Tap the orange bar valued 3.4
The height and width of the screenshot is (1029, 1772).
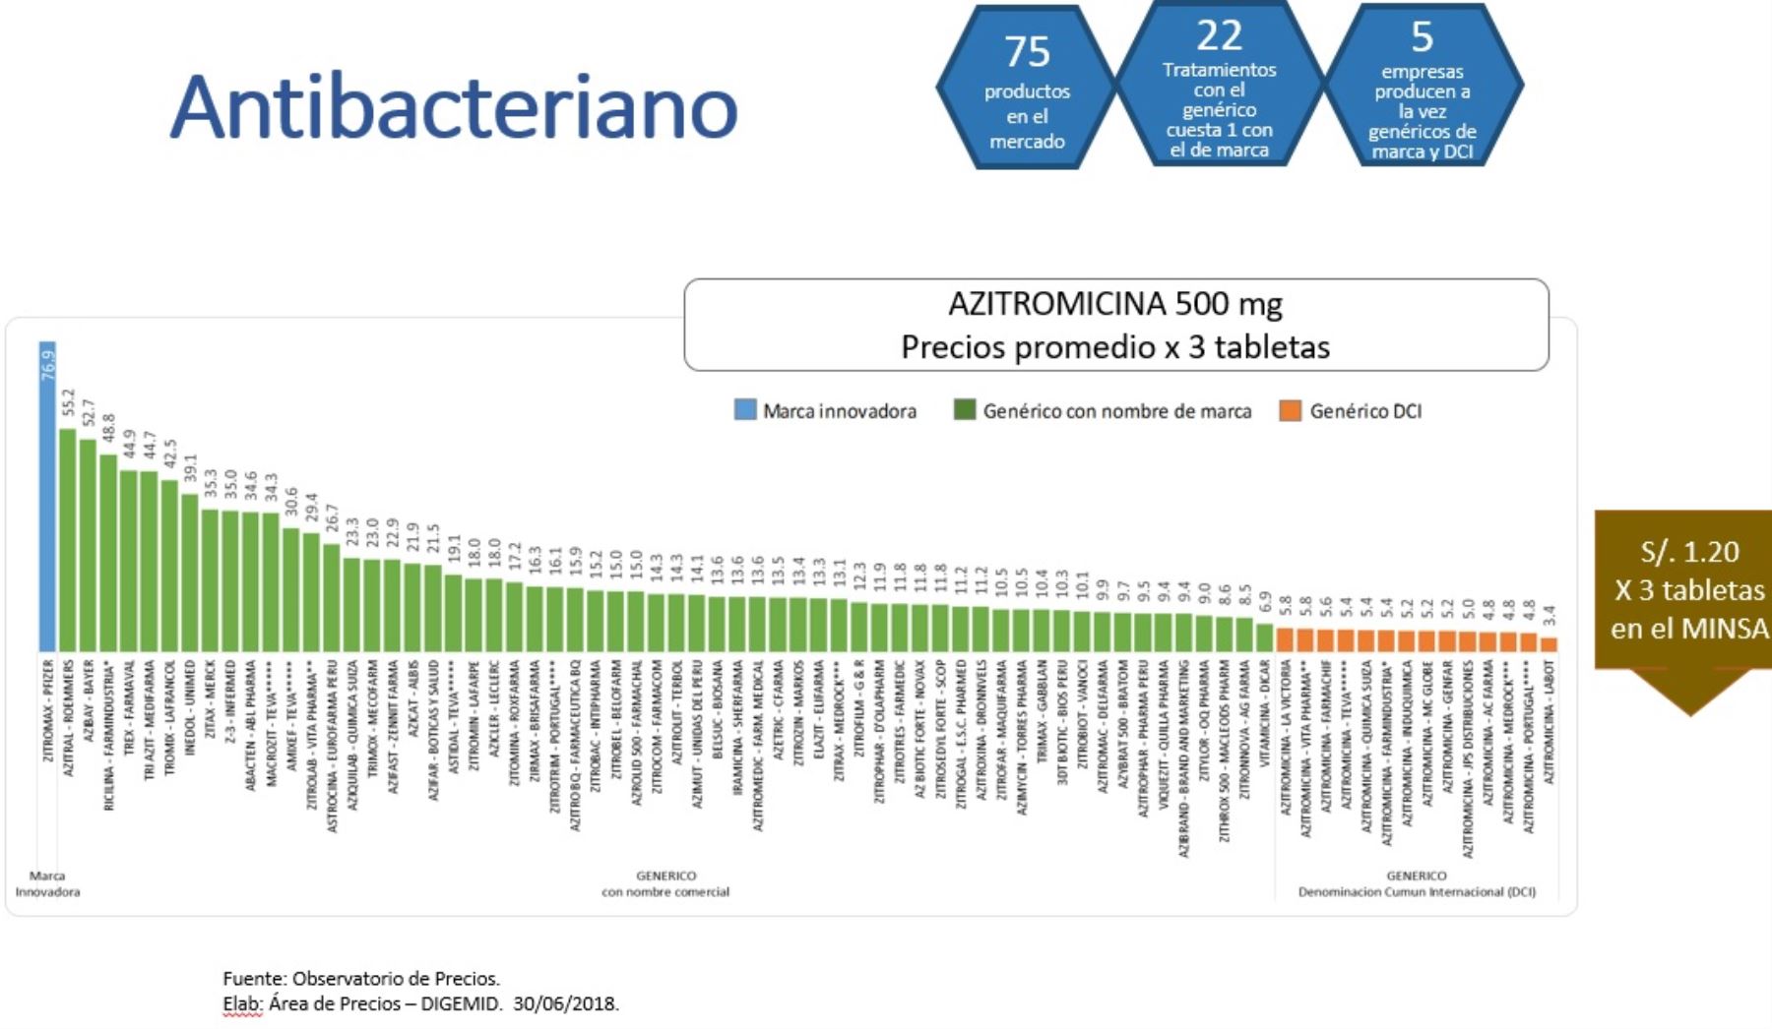tap(1549, 644)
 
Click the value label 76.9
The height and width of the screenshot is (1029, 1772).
tap(48, 365)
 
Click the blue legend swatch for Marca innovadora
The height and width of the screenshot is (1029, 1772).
tap(745, 410)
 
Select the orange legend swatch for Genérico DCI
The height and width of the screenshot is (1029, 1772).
tap(1290, 410)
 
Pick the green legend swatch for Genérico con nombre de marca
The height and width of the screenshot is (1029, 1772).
tap(965, 410)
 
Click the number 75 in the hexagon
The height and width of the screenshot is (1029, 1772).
tap(1027, 51)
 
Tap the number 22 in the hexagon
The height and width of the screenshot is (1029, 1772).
tap(1219, 36)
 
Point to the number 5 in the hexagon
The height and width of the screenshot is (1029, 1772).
tap(1422, 37)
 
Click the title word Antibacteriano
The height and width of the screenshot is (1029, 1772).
tap(454, 106)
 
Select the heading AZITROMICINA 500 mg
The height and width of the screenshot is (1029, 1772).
tap(1114, 304)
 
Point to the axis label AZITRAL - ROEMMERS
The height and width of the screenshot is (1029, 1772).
tap(69, 718)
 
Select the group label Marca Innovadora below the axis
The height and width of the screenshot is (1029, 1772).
tap(47, 883)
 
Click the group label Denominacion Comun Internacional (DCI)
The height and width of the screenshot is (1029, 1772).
tap(1416, 892)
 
